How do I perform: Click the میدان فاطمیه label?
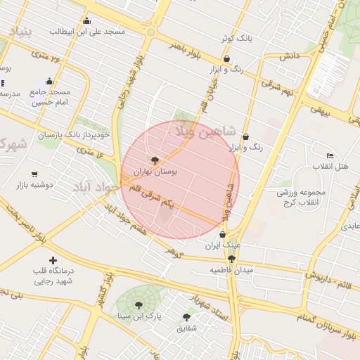pos(231,270)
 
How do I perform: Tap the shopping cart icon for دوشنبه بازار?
pos(34,174)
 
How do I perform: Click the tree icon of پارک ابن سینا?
pos(138,306)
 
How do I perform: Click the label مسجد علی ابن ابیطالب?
pos(87,32)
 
